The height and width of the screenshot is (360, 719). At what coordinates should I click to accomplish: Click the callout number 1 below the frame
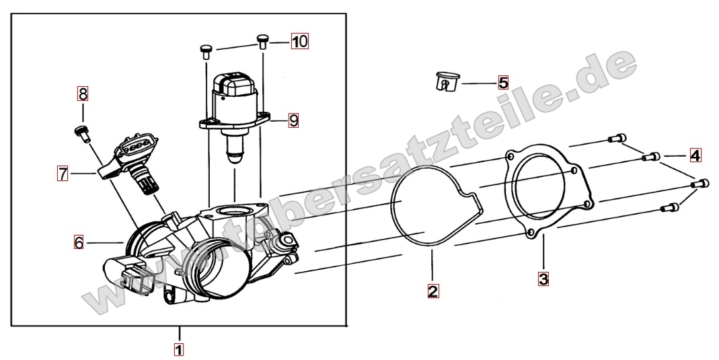[179, 349]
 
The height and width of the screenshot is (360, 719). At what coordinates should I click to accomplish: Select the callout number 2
[433, 291]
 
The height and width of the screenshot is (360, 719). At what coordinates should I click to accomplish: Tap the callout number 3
[543, 279]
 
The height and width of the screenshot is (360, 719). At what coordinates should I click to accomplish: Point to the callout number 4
[695, 155]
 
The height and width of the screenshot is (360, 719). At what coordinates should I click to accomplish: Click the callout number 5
[504, 83]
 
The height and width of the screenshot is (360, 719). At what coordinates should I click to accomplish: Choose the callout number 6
[79, 242]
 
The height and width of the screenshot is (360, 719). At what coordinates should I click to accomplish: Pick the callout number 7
[63, 174]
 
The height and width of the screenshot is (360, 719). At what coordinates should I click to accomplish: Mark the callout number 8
[83, 94]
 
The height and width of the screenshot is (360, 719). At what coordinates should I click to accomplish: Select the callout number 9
[293, 120]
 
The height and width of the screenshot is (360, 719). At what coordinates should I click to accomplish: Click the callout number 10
[299, 41]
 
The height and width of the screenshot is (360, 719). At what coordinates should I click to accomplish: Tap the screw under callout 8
[82, 133]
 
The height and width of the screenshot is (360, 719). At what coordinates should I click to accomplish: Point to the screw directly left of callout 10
[262, 41]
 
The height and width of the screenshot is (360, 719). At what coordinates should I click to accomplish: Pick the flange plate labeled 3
[548, 192]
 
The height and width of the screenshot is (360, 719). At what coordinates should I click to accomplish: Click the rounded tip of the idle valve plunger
[234, 159]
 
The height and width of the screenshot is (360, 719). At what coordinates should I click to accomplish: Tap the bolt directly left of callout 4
[651, 157]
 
